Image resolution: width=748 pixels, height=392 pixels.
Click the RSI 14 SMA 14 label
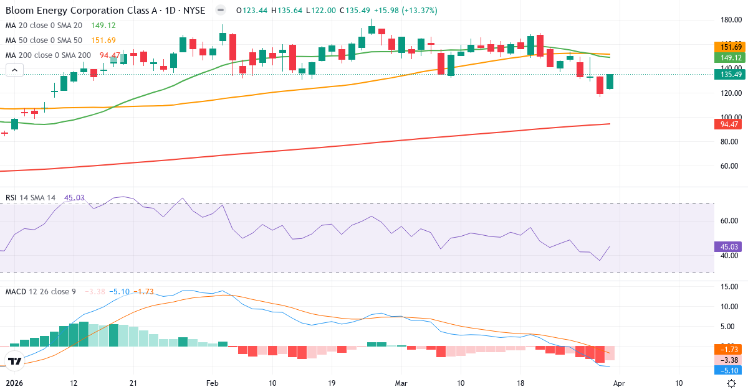[x=31, y=198]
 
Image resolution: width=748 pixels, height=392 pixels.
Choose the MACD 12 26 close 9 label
[x=41, y=291]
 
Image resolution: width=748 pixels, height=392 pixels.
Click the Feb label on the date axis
[x=213, y=383]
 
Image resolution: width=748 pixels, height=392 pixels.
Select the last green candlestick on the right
[x=610, y=82]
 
